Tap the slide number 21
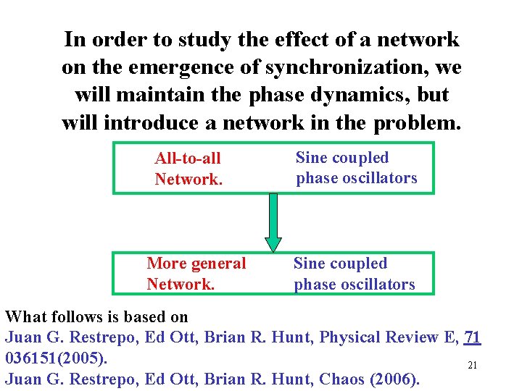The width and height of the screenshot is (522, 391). [x=472, y=366]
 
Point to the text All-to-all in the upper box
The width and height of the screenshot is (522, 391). [x=188, y=158]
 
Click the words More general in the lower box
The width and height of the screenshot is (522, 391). [x=196, y=264]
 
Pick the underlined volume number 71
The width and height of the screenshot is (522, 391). [x=472, y=337]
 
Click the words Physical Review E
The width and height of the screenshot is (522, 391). [x=386, y=337]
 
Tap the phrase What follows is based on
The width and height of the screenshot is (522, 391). [x=96, y=316]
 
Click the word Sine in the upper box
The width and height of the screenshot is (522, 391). [x=312, y=157]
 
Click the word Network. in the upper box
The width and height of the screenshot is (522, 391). [x=188, y=179]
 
